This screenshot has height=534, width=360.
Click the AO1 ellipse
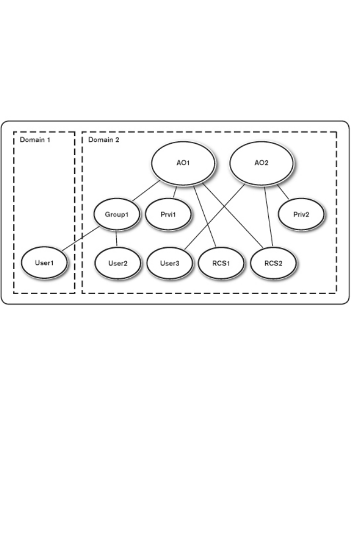(x=181, y=163)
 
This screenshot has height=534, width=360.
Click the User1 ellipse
(x=45, y=263)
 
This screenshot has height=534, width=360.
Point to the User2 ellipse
(x=117, y=263)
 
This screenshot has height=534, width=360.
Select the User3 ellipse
(x=169, y=263)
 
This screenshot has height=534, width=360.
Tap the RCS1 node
(x=220, y=263)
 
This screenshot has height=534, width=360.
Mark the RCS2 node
(x=273, y=263)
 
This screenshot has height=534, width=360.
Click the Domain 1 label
(x=34, y=140)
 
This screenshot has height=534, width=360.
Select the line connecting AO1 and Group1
(x=145, y=191)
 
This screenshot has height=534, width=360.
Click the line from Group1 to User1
(x=80, y=239)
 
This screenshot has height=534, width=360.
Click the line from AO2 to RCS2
(x=268, y=216)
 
